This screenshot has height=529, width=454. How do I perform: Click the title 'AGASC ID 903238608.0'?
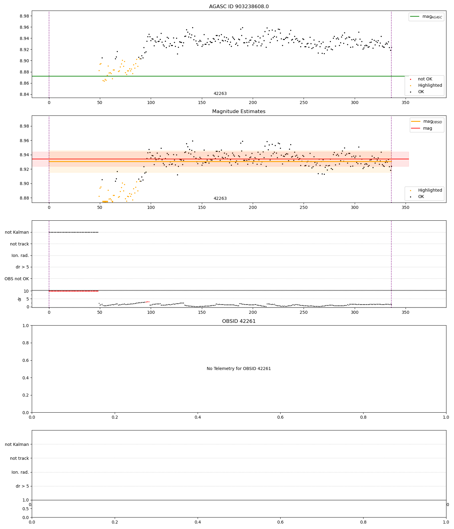(x=239, y=7)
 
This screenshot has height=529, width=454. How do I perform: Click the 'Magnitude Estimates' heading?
(x=239, y=112)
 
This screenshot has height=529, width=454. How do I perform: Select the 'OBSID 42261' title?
(x=239, y=321)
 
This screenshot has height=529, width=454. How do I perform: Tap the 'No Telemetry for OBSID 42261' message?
(x=239, y=369)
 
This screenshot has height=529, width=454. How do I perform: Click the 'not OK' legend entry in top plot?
(x=425, y=79)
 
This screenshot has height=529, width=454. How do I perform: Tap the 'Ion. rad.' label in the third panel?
(x=20, y=256)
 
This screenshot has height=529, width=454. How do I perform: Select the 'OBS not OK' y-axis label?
(x=17, y=279)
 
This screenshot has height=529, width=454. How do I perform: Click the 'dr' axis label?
(x=20, y=299)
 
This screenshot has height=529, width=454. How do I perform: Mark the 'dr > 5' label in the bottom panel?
(x=22, y=486)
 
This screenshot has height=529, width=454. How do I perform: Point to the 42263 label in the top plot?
(x=220, y=94)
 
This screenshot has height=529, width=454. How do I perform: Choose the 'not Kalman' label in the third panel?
(x=17, y=232)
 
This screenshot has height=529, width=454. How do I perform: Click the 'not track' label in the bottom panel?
(x=19, y=459)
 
